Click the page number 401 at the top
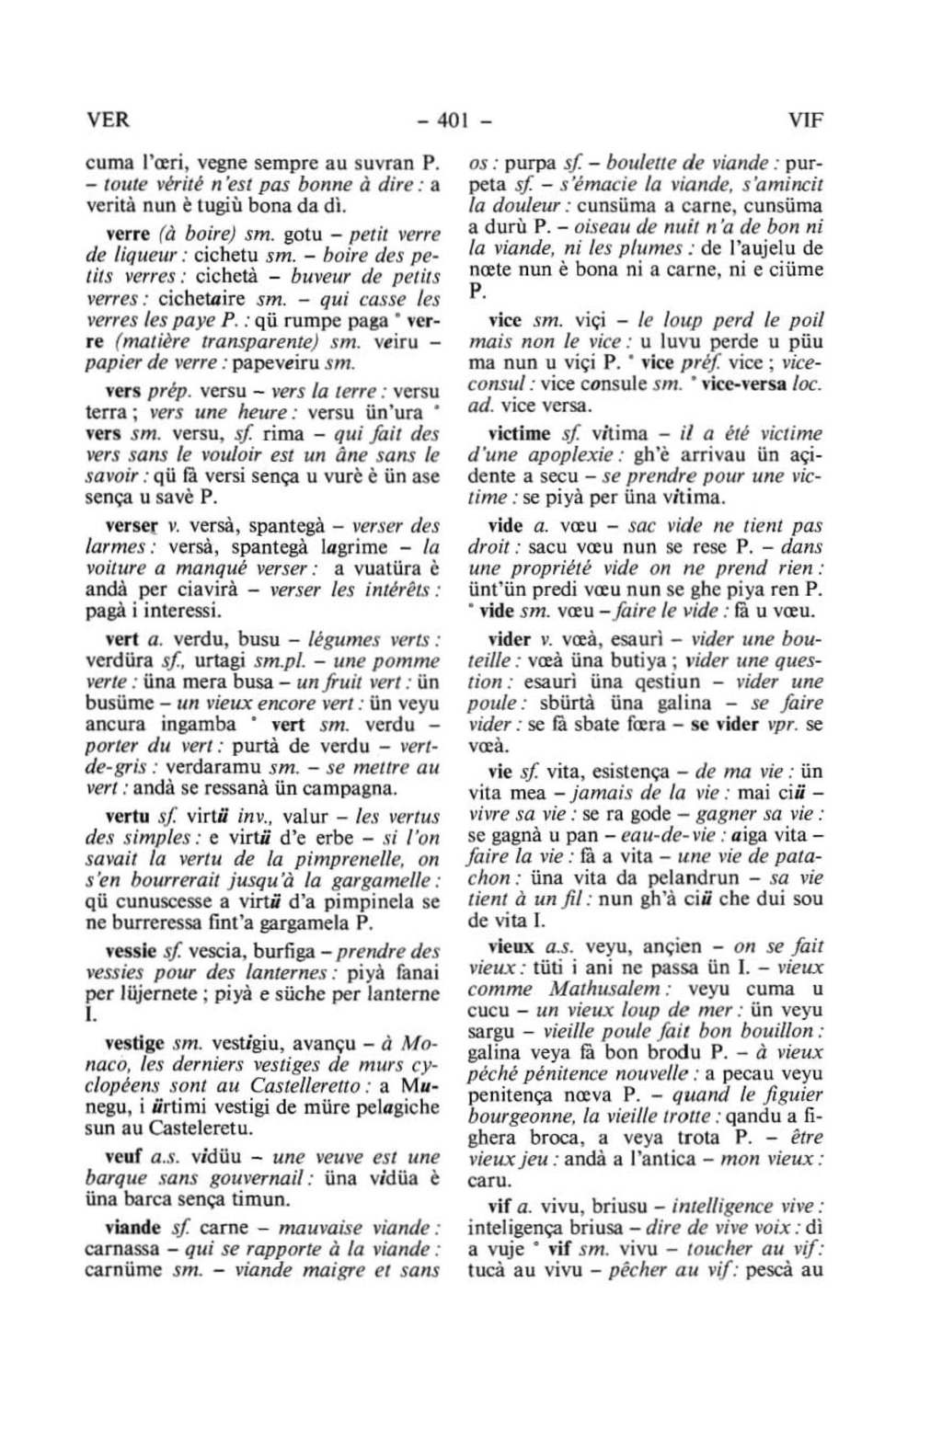[454, 120]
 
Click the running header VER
[108, 120]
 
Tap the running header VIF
[805, 120]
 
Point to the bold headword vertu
[128, 816]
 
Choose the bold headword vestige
[135, 1044]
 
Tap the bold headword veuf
[125, 1157]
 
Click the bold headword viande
[133, 1228]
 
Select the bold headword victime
[519, 433]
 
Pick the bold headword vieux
[511, 946]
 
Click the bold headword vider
[510, 639]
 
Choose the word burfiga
[257, 951]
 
